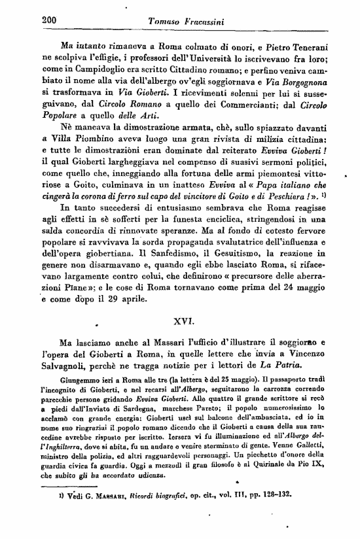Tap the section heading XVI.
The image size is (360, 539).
click(181, 322)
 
